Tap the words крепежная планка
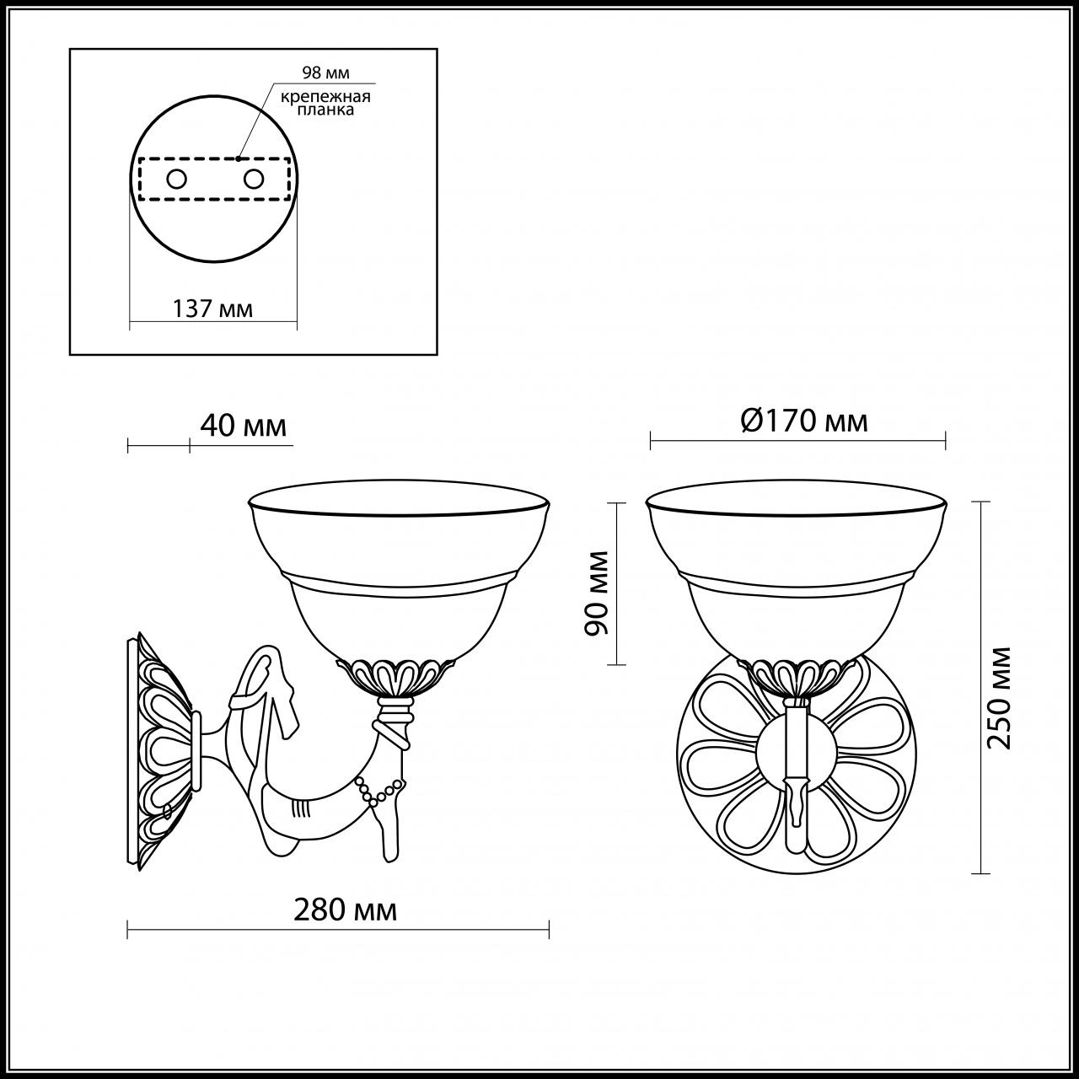click(325, 103)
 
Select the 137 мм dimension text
click(212, 309)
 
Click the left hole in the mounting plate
click(177, 179)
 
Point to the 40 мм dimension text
click(243, 426)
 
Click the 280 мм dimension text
click(345, 910)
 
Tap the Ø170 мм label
click(804, 420)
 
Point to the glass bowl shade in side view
click(400, 573)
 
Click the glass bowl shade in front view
click(797, 573)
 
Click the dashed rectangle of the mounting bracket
click(213, 179)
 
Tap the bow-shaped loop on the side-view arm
click(266, 679)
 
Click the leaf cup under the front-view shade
click(797, 675)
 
